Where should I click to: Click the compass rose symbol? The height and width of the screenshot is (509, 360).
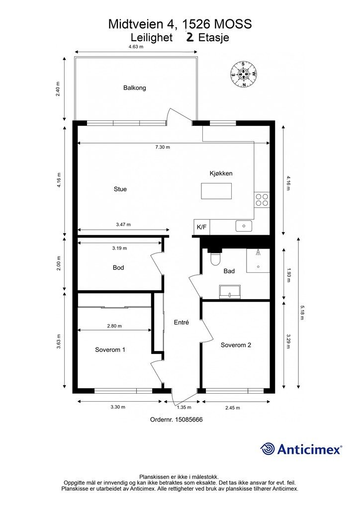point(244,75)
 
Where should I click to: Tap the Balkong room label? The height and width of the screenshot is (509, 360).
point(134,87)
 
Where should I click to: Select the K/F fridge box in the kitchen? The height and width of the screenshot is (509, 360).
point(201,227)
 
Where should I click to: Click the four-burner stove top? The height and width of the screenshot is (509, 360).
point(262,200)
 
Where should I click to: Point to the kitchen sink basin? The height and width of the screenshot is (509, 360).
point(244,226)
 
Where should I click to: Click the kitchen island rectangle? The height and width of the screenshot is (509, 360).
point(216,191)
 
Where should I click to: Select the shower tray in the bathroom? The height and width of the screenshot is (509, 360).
point(258,260)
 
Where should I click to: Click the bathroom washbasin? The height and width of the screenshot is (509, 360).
point(230,291)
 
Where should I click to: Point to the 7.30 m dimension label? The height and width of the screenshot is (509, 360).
point(162,147)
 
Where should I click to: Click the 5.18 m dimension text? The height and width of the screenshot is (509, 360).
point(302,313)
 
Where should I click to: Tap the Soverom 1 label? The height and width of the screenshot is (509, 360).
point(110,349)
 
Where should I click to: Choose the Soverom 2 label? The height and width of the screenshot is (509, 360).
point(236,345)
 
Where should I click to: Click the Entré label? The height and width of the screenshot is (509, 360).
point(181,322)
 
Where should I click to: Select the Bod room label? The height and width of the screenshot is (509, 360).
point(118,267)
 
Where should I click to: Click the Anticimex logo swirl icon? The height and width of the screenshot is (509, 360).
point(267,449)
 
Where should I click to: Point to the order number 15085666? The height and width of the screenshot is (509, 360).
point(189,420)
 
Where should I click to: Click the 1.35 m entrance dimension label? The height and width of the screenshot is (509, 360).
point(184,408)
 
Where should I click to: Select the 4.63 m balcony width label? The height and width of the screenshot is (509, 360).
point(136,46)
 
